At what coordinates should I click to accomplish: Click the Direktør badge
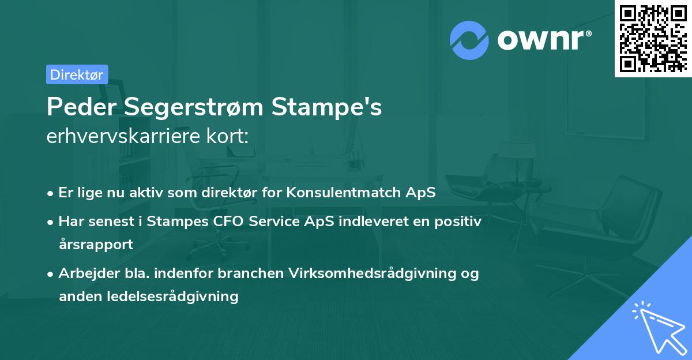point(77,74)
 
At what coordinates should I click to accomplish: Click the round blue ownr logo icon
point(469,40)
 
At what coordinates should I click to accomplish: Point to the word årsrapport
point(96,244)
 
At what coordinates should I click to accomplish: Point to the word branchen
point(254,273)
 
